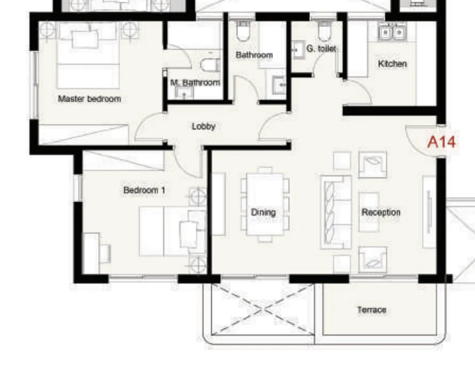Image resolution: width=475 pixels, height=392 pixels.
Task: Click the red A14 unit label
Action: pos(441,142)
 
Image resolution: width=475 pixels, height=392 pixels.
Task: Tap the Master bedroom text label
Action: pos(89,99)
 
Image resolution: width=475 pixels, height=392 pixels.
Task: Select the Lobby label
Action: pos(204,126)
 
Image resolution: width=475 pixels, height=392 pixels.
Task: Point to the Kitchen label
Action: pos(392,64)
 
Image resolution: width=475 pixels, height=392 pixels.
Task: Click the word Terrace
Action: pos(371,310)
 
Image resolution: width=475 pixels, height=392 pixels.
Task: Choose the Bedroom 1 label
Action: pos(144,190)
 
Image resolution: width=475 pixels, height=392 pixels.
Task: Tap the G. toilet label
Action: pos(321,49)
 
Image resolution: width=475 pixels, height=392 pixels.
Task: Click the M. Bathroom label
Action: pos(195,82)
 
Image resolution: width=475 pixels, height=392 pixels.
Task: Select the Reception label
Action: pos(381,212)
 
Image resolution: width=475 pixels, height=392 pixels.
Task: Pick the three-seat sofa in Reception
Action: pos(336,212)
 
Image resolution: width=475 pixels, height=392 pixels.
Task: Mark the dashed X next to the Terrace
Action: pos(263,309)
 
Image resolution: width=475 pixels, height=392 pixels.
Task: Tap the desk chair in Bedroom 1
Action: pos(105,253)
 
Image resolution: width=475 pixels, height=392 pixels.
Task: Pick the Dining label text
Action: pos(263,212)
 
